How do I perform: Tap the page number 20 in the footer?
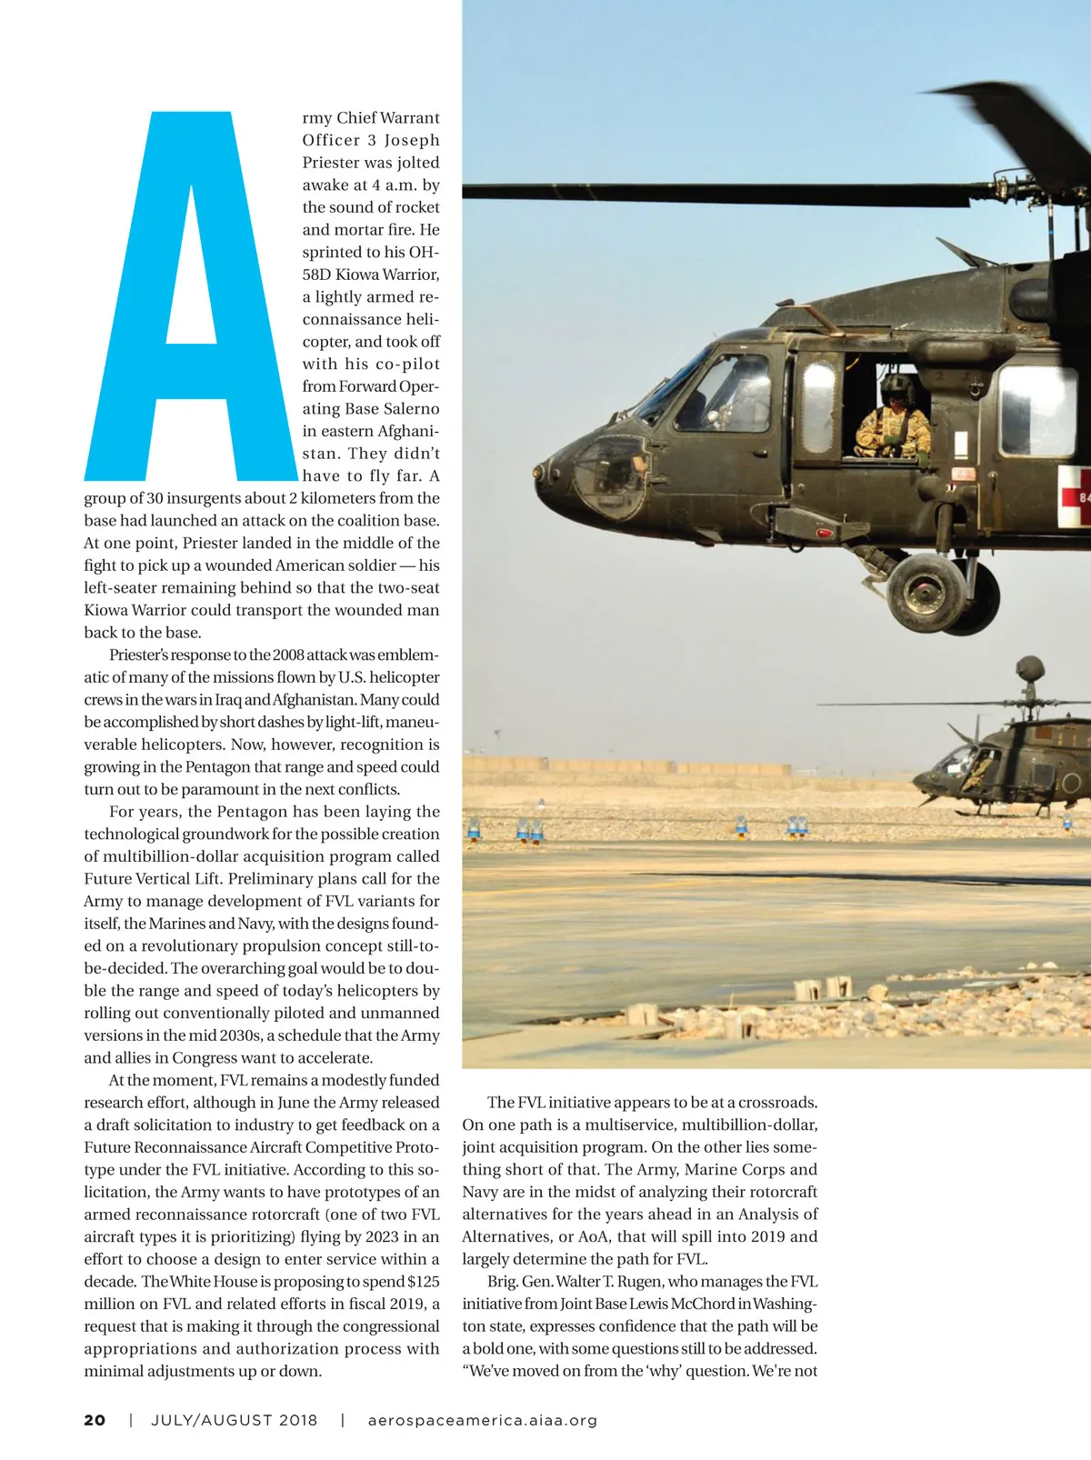point(95,1420)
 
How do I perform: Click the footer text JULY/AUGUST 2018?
point(235,1420)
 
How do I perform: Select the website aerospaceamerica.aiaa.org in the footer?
point(483,1420)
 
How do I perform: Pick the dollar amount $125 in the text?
point(424,1282)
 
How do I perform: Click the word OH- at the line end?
point(425,252)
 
